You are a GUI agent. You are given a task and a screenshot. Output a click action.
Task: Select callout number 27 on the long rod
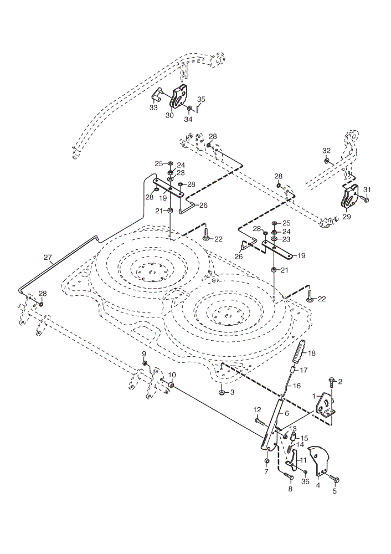[x=48, y=258]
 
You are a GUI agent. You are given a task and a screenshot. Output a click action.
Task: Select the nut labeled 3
[x=222, y=393]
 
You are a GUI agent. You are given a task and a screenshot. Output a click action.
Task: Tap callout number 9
[x=144, y=353]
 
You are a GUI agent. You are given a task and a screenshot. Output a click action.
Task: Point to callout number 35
[x=201, y=99]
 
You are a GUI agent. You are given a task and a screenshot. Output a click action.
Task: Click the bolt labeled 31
[x=364, y=199]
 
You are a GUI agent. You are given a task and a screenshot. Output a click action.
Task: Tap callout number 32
[x=326, y=151]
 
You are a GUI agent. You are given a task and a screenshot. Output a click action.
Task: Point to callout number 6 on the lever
[x=287, y=413]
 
